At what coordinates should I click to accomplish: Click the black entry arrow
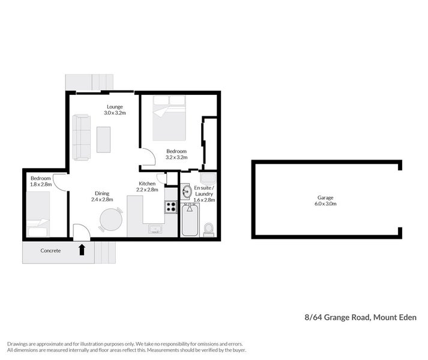pyautogui.click(x=82, y=249)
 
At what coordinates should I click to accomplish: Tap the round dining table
pyautogui.click(x=110, y=219)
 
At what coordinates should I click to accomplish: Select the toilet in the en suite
pyautogui.click(x=209, y=229)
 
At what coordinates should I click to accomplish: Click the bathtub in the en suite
pyautogui.click(x=190, y=220)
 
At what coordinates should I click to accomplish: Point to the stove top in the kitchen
pyautogui.click(x=170, y=207)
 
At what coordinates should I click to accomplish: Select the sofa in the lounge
pyautogui.click(x=81, y=137)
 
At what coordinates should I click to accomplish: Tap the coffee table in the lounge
pyautogui.click(x=104, y=139)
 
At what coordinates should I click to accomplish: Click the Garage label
pyautogui.click(x=325, y=197)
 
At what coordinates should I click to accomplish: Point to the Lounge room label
pyautogui.click(x=115, y=107)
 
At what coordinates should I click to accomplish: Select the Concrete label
pyautogui.click(x=50, y=251)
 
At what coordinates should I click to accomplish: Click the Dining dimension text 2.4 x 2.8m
pyautogui.click(x=102, y=199)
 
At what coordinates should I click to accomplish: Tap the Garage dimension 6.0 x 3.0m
pyautogui.click(x=325, y=204)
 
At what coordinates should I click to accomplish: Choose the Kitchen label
pyautogui.click(x=147, y=184)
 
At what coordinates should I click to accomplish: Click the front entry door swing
pyautogui.click(x=80, y=232)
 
